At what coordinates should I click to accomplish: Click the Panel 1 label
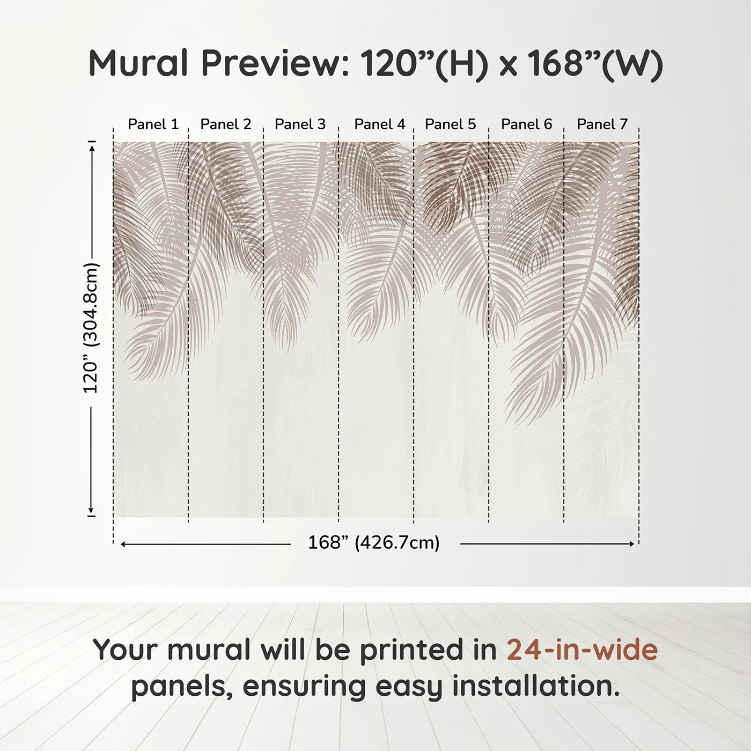[153, 124]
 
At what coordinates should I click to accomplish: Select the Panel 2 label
[225, 124]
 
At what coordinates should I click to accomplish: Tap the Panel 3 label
[300, 124]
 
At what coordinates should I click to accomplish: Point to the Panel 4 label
[380, 124]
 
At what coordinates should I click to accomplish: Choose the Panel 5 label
[450, 124]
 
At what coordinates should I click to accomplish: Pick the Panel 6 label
[526, 124]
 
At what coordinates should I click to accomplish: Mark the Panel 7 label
[602, 124]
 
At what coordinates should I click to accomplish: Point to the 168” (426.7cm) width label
[374, 543]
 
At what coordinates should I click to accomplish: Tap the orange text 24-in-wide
[582, 650]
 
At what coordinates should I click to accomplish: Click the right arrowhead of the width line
[631, 544]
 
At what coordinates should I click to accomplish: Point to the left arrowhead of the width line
[123, 544]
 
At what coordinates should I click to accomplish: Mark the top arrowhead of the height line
[92, 147]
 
